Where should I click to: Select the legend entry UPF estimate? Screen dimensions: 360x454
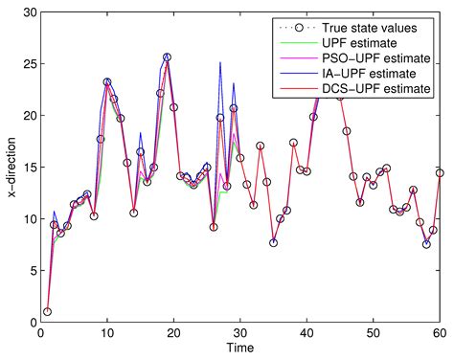354,44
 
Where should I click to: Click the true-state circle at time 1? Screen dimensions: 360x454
47,312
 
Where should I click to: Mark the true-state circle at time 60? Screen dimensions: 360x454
440,173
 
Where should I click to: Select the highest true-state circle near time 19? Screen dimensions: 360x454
168,57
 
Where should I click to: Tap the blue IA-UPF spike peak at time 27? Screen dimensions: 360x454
220,63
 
